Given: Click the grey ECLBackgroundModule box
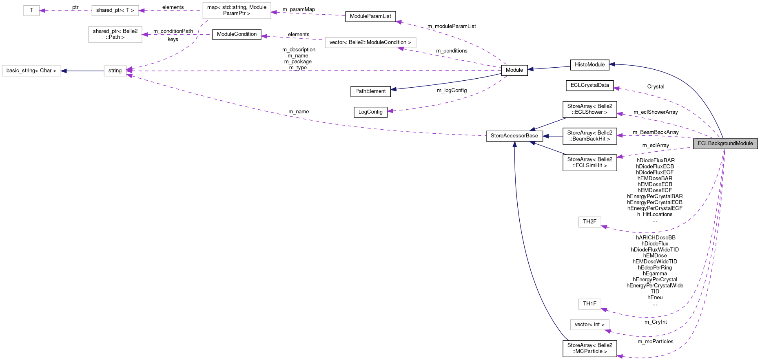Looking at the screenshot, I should (x=725, y=144).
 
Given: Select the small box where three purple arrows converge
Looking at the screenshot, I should (x=115, y=71).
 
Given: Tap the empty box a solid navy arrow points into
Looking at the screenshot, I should (x=31, y=71).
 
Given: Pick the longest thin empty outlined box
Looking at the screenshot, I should (x=370, y=42).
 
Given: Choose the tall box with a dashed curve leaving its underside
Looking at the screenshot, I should (x=237, y=11).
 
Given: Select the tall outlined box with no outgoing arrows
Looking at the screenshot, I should (x=115, y=35).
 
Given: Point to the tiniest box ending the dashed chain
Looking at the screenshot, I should (x=31, y=11).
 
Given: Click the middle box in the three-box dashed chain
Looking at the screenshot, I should (x=115, y=11).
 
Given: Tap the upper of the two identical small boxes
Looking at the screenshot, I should (x=589, y=222).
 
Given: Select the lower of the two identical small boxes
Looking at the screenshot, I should (x=589, y=304).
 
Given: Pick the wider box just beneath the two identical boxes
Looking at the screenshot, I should (x=589, y=325).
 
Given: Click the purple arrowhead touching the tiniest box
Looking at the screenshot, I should (x=42, y=11).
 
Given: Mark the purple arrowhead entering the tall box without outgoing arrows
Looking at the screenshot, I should (x=145, y=35).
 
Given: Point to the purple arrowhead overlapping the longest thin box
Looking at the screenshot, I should (x=401, y=49).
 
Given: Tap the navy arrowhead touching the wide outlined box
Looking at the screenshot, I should (x=64, y=71).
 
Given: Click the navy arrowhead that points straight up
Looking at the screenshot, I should (x=515, y=144).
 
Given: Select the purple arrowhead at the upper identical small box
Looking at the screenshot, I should (x=604, y=227).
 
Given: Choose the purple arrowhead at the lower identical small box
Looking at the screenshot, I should (x=604, y=310).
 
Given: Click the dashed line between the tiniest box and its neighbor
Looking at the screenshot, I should (x=65, y=11).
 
